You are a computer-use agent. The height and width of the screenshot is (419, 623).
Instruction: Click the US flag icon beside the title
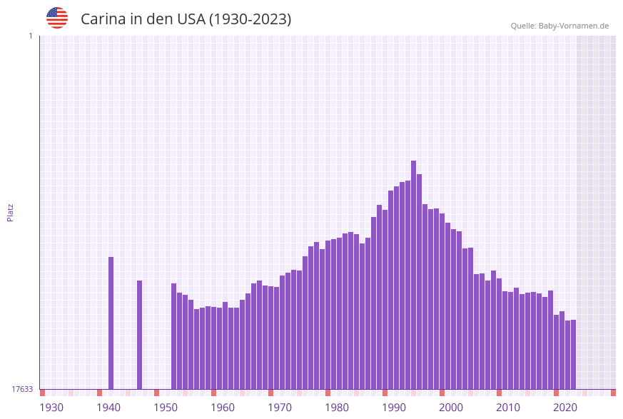57,18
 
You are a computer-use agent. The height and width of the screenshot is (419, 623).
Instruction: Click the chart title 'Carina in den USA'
186,19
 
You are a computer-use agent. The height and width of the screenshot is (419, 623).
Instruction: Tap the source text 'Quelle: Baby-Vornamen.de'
559,26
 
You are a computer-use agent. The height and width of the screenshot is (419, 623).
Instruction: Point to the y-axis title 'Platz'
10,212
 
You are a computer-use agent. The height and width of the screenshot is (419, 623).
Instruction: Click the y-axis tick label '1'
30,36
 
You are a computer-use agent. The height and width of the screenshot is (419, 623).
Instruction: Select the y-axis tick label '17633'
22,389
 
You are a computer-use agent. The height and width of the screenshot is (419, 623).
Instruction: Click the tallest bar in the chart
413,275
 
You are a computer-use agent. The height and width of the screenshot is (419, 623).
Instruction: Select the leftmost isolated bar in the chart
111,323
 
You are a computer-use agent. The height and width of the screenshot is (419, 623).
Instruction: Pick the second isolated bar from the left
139,334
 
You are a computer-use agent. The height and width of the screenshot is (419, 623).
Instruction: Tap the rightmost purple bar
573,354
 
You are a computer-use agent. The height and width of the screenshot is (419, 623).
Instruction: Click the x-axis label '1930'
51,408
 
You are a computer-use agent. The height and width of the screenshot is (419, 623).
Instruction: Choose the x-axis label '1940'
108,408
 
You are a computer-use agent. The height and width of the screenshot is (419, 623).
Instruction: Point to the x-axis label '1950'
166,408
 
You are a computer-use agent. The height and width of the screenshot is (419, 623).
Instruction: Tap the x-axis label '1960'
223,408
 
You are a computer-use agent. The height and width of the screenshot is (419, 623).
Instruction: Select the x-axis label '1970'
280,408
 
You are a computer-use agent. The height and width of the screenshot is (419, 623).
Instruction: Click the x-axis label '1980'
337,408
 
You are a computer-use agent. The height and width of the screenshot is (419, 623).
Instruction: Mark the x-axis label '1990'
394,408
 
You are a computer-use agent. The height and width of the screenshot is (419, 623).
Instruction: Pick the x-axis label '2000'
451,408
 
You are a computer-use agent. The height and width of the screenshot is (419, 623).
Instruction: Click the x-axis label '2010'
508,408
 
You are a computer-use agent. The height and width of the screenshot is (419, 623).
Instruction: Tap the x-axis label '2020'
565,408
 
